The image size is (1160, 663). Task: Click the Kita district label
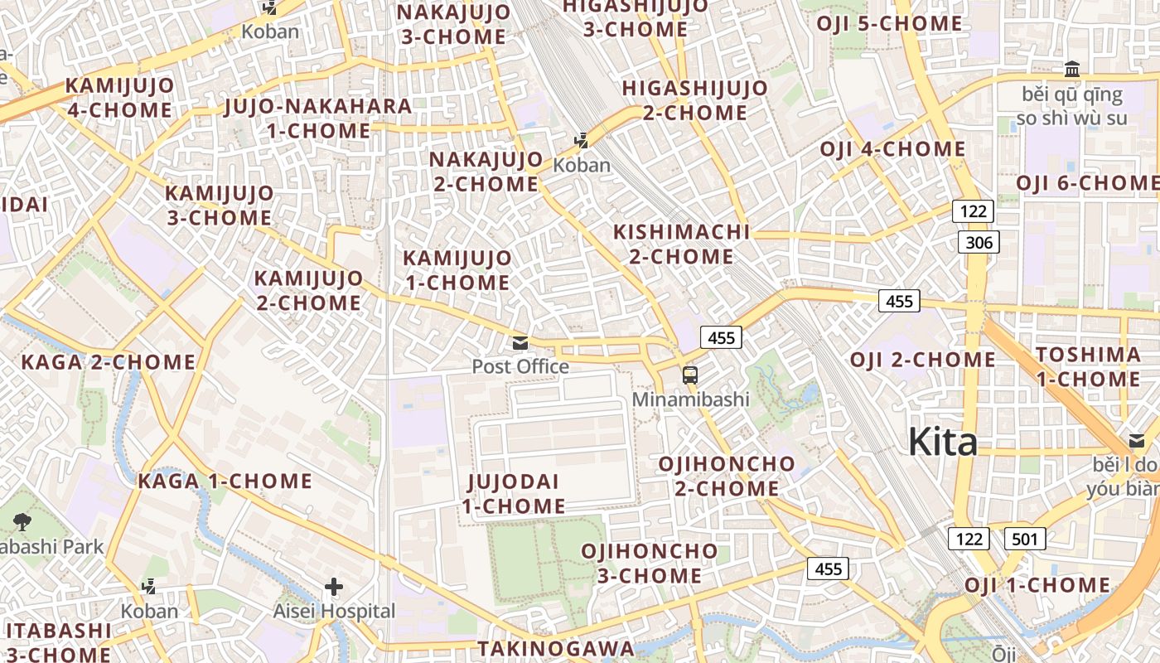click(x=943, y=443)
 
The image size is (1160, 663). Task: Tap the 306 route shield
click(x=979, y=242)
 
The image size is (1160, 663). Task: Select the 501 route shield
click(x=1025, y=540)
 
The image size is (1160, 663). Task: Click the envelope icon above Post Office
click(x=520, y=343)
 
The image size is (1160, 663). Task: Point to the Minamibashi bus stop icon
click(x=690, y=375)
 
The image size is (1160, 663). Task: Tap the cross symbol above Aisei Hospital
click(x=334, y=588)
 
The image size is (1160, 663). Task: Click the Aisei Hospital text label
click(x=335, y=612)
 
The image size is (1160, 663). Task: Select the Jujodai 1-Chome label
click(x=514, y=494)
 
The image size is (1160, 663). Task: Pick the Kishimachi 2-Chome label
click(x=681, y=244)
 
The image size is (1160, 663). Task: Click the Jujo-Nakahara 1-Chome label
click(x=318, y=119)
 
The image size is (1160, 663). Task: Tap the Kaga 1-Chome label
click(x=225, y=482)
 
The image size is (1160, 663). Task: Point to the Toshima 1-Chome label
click(x=1088, y=367)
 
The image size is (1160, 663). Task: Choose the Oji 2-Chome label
click(x=923, y=361)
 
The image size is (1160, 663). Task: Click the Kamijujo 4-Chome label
click(x=119, y=98)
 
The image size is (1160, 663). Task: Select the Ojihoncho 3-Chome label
click(x=650, y=564)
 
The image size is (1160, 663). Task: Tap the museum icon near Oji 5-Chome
click(x=1072, y=69)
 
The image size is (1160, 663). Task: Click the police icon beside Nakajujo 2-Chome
click(x=582, y=141)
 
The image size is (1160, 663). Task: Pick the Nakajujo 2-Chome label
click(x=486, y=172)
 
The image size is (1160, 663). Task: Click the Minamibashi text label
click(x=690, y=399)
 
